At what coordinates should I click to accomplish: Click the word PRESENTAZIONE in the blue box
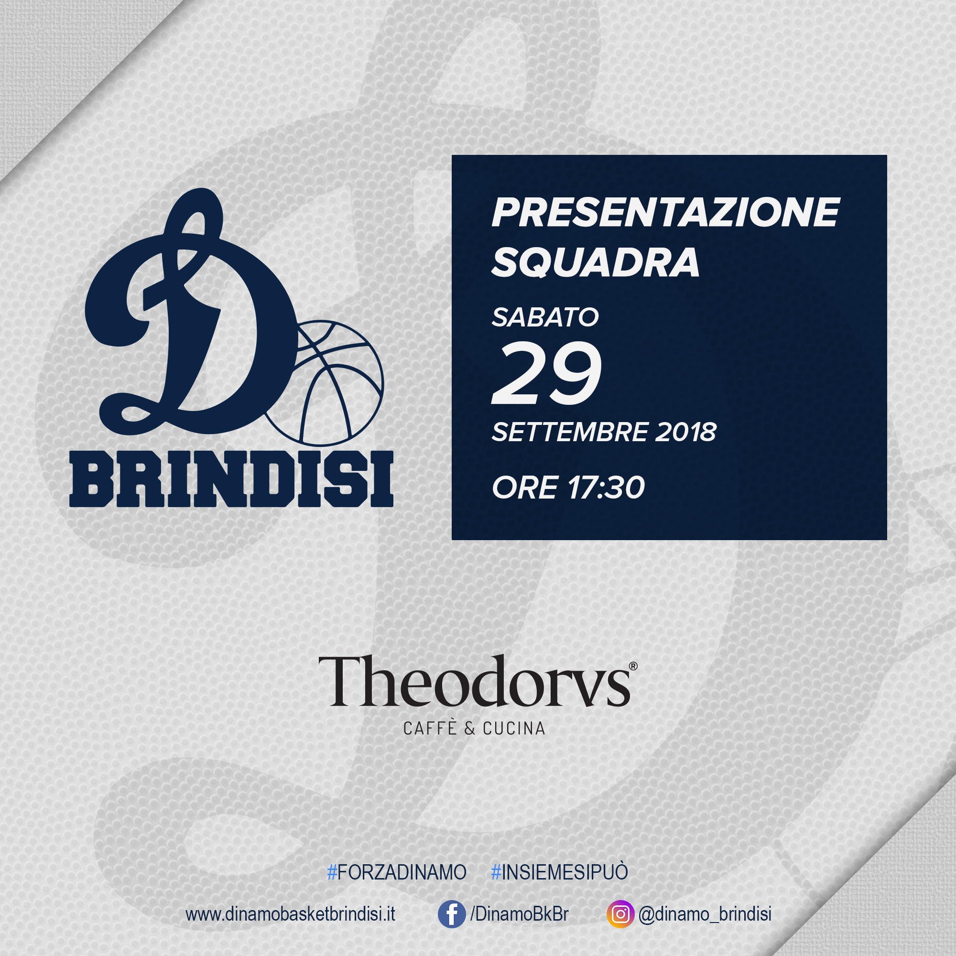pos(665,212)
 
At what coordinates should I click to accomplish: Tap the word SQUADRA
pos(595,262)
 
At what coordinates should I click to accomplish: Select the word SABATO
pos(545,317)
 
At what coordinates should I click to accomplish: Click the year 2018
pos(686,432)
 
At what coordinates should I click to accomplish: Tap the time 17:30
pos(606,488)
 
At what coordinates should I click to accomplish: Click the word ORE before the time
pos(525,488)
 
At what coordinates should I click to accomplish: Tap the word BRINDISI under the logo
pos(231,479)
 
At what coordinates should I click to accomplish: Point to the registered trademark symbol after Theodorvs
pos(633,666)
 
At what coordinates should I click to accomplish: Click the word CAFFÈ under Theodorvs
pos(431,728)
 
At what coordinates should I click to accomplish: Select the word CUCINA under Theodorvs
pos(514,728)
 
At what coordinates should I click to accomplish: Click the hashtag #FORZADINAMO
pos(397,872)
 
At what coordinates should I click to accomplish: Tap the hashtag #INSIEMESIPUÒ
pos(559,871)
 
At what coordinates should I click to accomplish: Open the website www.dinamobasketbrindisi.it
pos(291,914)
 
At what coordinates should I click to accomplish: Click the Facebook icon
pos(452,914)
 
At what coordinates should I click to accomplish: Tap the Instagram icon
pos(620,914)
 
